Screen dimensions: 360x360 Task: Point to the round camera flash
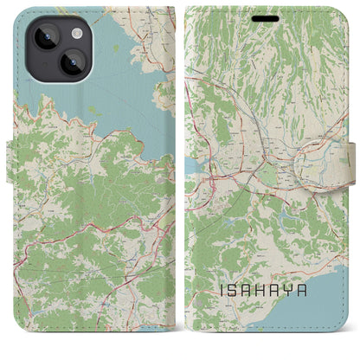coord(66,32)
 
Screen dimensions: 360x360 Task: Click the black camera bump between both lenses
coord(51,49)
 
